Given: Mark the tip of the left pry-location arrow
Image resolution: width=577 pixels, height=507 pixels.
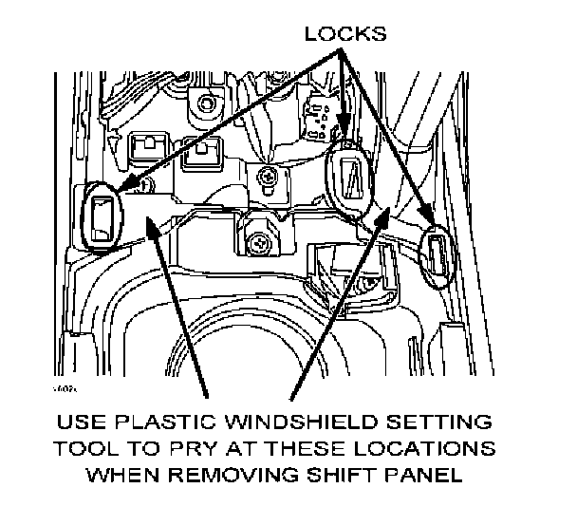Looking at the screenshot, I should click(148, 216).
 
